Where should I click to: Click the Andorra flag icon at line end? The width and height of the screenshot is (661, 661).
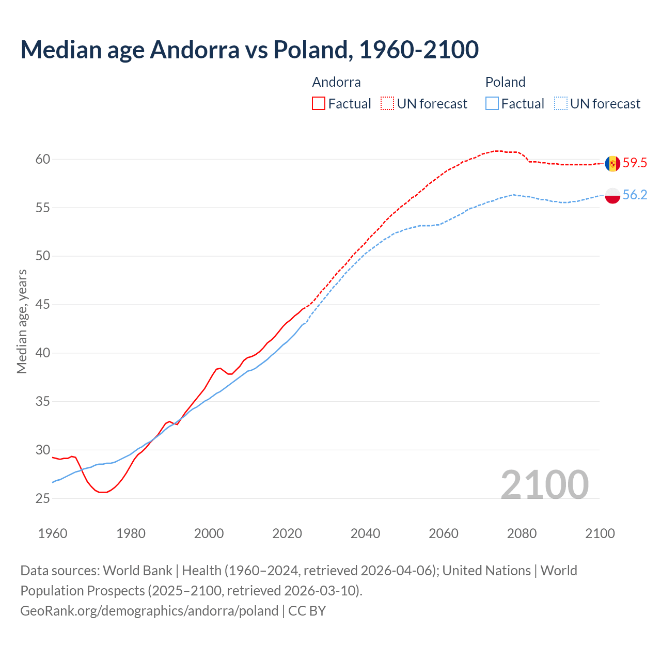point(612,164)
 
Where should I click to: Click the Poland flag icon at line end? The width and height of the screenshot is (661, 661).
point(612,195)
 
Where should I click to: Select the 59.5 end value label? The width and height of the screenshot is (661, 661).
point(635,163)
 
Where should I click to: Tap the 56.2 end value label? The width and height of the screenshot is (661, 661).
point(635,195)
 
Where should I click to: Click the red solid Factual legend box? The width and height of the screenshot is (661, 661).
point(319,104)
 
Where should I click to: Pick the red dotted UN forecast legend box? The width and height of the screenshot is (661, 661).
point(387,104)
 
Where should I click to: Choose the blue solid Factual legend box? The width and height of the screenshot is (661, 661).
point(492,104)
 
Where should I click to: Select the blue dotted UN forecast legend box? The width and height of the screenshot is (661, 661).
point(561,104)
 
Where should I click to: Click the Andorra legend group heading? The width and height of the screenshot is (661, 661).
point(336,82)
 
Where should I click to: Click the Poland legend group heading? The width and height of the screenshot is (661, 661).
point(505,82)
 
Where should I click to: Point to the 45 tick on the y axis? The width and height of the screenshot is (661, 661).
point(43,305)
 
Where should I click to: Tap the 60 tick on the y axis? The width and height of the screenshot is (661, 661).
point(43,160)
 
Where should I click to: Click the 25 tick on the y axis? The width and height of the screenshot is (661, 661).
point(43,499)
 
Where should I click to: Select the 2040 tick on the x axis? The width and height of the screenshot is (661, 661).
point(365,533)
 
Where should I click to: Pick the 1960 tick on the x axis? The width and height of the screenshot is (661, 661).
point(53,533)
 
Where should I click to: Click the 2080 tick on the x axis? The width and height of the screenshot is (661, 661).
point(522,533)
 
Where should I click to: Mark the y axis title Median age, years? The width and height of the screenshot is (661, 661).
point(22,321)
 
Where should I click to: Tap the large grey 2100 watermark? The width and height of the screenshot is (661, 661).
point(544,484)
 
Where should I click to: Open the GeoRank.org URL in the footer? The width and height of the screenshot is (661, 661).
point(149,611)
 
